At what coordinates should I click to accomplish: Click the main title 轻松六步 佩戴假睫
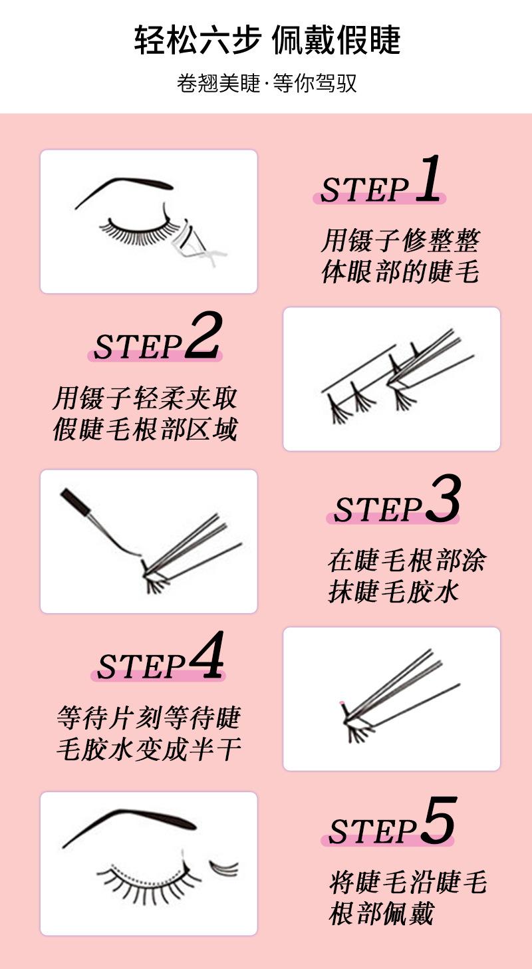(x=267, y=40)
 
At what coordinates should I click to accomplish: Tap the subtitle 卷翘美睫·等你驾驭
(x=267, y=82)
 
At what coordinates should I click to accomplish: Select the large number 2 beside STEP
(x=203, y=336)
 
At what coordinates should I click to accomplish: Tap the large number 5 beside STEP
(x=439, y=820)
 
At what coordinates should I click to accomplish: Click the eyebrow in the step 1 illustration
(x=123, y=188)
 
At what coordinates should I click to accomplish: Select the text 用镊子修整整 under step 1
(x=400, y=240)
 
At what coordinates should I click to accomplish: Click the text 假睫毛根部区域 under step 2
(x=146, y=429)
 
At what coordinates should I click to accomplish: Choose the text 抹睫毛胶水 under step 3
(x=393, y=591)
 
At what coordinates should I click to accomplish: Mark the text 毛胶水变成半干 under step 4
(x=149, y=749)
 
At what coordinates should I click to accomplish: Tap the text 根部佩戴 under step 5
(x=381, y=913)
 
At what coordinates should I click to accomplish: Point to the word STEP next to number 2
(x=138, y=346)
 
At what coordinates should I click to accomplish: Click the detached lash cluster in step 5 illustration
(x=224, y=868)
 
